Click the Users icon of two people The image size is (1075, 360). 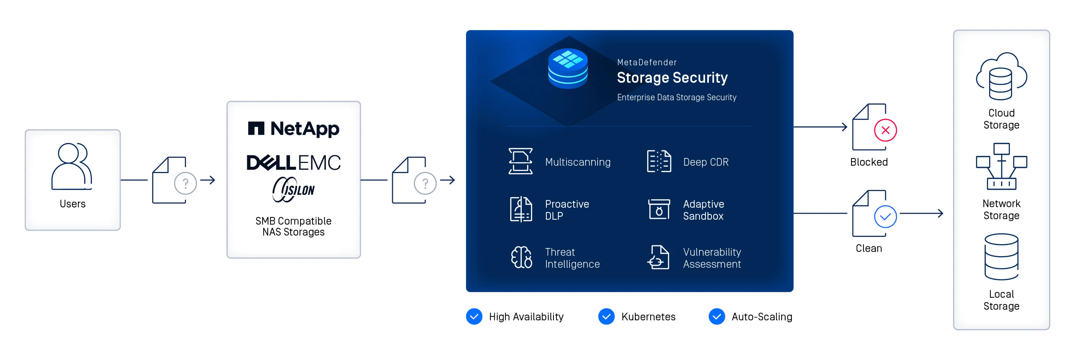click(x=72, y=166)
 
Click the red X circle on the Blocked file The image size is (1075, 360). click(x=885, y=130)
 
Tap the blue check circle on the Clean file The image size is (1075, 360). click(x=885, y=216)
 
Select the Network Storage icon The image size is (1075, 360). click(x=1001, y=167)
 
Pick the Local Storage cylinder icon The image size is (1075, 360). click(x=1001, y=256)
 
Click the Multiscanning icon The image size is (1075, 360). click(x=520, y=161)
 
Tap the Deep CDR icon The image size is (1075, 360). click(x=659, y=161)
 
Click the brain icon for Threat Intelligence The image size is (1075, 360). click(x=521, y=257)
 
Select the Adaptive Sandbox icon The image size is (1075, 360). click(x=659, y=210)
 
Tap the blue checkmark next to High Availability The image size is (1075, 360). click(x=474, y=317)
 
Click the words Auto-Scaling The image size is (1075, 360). click(x=761, y=317)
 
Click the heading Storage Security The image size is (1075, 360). click(x=672, y=78)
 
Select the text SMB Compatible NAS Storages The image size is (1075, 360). click(x=293, y=227)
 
